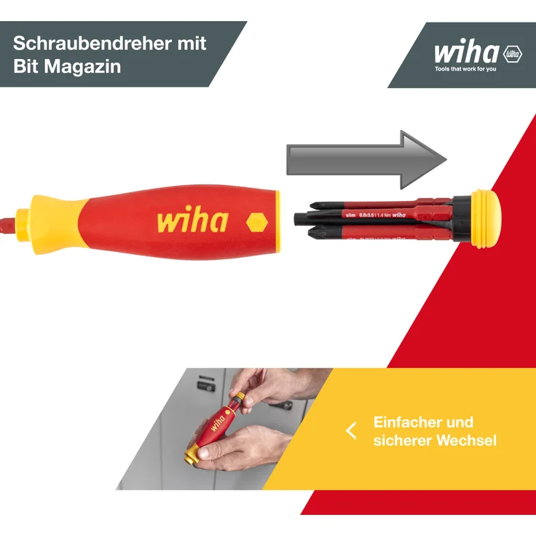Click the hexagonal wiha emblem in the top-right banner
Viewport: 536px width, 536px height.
click(x=512, y=53)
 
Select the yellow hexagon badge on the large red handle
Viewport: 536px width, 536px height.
click(x=257, y=221)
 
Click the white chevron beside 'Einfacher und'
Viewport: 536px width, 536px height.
click(x=351, y=430)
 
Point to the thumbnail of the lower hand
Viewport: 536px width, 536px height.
click(x=206, y=452)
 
